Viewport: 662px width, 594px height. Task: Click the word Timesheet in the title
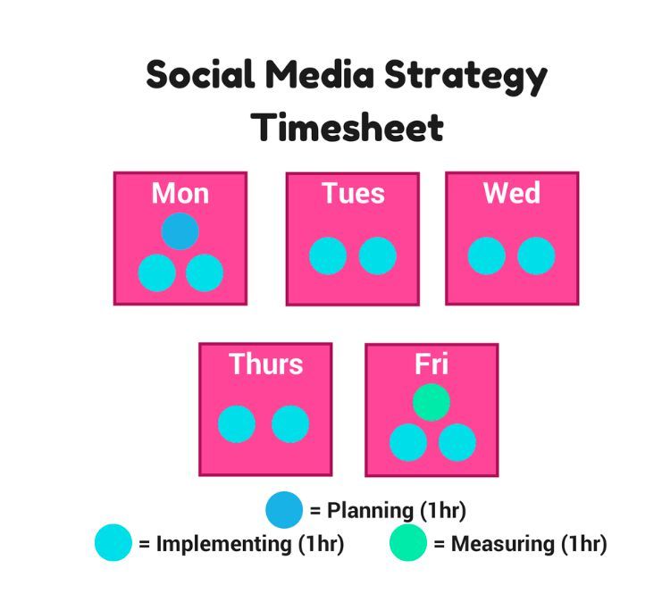click(x=347, y=127)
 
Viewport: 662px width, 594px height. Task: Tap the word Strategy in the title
click(x=465, y=77)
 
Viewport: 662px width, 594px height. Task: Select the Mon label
click(x=180, y=193)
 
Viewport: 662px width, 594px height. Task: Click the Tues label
click(x=353, y=193)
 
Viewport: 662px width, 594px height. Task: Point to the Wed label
click(x=512, y=193)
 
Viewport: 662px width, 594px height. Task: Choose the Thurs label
click(x=265, y=364)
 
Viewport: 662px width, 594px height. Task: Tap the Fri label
click(x=432, y=364)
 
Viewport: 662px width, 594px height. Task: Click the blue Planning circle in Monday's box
click(x=180, y=231)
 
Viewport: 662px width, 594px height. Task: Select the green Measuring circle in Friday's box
click(x=432, y=402)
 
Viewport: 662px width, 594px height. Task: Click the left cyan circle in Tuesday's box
click(x=328, y=255)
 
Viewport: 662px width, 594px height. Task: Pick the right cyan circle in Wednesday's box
click(x=536, y=255)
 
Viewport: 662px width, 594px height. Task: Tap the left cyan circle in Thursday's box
click(x=237, y=424)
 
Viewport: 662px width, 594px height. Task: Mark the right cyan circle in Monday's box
click(x=205, y=272)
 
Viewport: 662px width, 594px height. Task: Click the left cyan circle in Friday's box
click(x=408, y=442)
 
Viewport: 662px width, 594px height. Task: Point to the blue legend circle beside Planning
click(x=284, y=509)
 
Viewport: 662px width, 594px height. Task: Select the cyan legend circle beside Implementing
click(x=113, y=542)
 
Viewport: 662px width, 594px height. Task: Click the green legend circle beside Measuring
click(x=408, y=542)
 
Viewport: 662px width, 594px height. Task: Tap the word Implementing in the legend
click(x=223, y=544)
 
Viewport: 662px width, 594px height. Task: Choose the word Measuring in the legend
click(x=502, y=544)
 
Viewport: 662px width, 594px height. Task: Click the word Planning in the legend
click(x=370, y=511)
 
